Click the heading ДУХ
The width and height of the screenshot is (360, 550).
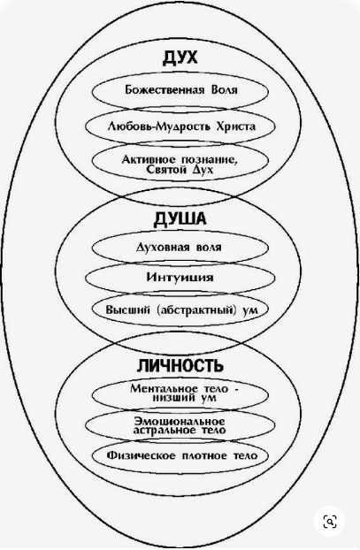click(x=180, y=57)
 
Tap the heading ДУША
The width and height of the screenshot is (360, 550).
click(x=180, y=219)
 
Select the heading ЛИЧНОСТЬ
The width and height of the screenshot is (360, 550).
click(x=180, y=366)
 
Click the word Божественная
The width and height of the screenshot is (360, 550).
click(x=165, y=90)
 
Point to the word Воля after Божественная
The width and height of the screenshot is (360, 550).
click(x=224, y=90)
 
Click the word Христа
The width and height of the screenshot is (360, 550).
click(x=236, y=126)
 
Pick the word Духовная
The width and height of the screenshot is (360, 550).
click(x=159, y=248)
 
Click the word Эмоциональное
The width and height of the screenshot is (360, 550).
click(x=180, y=421)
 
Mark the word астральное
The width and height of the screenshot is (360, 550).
click(x=164, y=430)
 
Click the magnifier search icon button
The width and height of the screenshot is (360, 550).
click(x=330, y=522)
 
